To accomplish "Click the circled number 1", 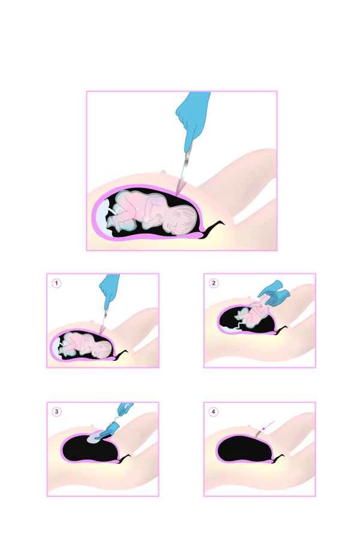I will pyautogui.click(x=56, y=283).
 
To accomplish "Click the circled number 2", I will pyautogui.click(x=214, y=283).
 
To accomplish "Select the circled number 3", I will pyautogui.click(x=56, y=411).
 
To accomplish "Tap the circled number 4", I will pyautogui.click(x=214, y=411).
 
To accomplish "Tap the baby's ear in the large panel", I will pyautogui.click(x=174, y=223).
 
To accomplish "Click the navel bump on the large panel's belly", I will pyautogui.click(x=161, y=173).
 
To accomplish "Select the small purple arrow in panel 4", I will pyautogui.click(x=268, y=425).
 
